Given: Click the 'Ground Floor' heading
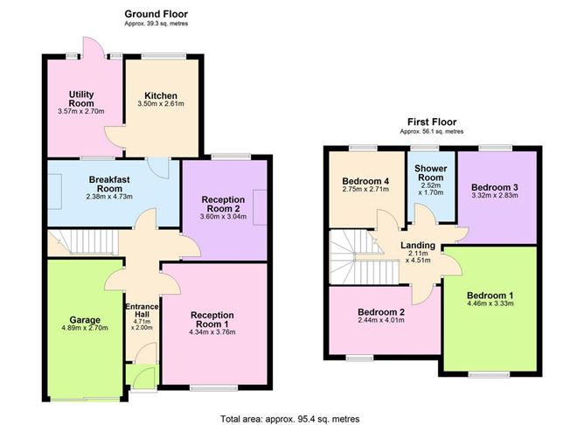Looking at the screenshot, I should click(156, 14).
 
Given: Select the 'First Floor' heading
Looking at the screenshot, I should click(431, 122).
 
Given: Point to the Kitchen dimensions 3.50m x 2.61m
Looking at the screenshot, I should click(162, 105).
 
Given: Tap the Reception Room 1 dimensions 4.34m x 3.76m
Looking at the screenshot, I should click(214, 331).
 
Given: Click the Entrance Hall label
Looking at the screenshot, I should click(142, 311).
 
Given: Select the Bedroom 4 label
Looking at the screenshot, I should click(365, 181).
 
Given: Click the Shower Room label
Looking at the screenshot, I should click(430, 171).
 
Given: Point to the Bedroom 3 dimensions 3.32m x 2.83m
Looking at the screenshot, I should click(494, 196).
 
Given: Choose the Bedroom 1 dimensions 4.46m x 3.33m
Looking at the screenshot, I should click(489, 305).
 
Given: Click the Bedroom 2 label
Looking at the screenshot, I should click(381, 312).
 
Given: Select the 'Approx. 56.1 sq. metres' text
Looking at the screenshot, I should click(431, 131).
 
